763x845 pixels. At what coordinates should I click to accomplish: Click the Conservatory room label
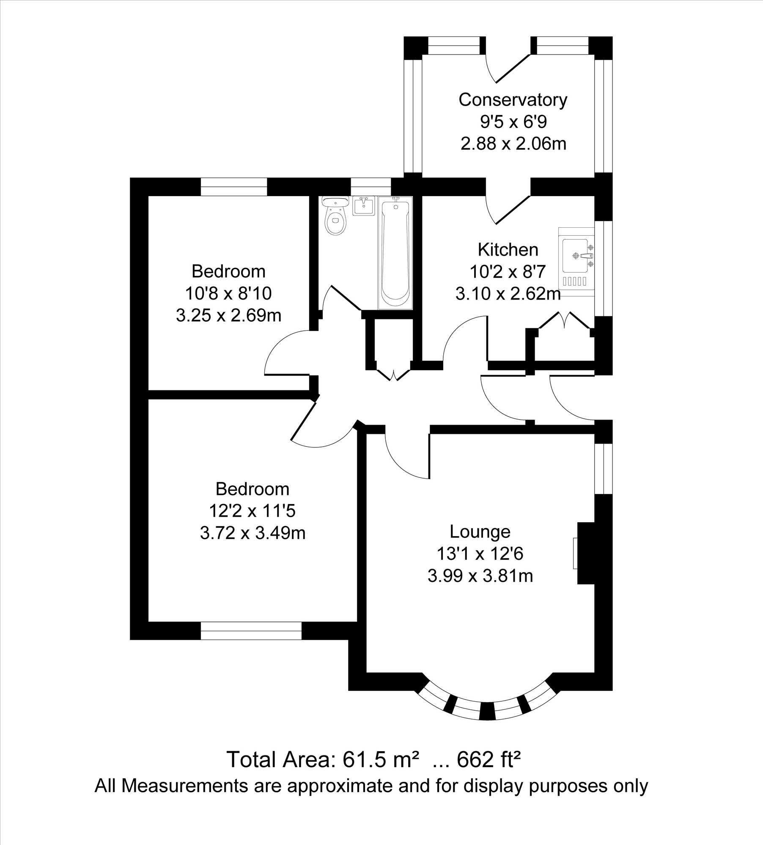513,100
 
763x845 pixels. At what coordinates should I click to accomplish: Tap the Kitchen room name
508,250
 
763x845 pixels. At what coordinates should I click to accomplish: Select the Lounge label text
480,532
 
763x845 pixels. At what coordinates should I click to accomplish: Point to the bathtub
395,252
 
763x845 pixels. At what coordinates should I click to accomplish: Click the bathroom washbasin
363,206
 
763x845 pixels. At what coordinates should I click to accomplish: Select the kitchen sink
576,262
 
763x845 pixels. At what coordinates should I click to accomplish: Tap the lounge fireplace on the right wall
586,553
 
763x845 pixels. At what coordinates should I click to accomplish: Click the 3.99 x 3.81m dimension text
480,576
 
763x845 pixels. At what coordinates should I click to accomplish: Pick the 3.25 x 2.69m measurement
228,316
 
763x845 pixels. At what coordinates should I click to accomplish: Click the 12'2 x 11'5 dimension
252,511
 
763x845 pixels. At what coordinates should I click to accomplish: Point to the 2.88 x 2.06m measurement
513,144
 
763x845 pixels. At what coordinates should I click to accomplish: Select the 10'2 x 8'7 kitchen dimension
508,272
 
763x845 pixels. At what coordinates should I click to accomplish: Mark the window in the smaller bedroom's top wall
234,187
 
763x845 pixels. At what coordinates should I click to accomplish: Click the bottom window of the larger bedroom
251,631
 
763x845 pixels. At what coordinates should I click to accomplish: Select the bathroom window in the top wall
371,187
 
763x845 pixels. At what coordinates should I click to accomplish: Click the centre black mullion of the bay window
487,711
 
